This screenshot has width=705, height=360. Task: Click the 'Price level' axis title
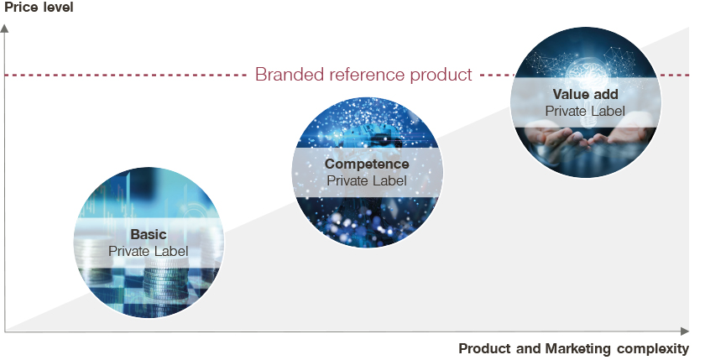[39, 8]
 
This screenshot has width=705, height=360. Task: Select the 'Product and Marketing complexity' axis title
[573, 348]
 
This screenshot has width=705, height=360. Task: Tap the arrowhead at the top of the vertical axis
[4, 29]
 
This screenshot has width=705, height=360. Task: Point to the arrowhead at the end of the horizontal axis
[685, 331]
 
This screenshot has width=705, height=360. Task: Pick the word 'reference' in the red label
[368, 75]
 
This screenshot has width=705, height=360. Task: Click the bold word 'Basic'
[149, 234]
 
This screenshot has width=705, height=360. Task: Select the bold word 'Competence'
[367, 164]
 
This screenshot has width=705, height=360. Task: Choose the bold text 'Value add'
[586, 94]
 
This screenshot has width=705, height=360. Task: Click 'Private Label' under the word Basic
[149, 251]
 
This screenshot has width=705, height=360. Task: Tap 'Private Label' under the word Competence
[367, 180]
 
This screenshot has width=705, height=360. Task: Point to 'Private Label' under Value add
[586, 111]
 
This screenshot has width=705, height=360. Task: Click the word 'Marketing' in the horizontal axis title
[578, 348]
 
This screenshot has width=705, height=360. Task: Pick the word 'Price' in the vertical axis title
[21, 8]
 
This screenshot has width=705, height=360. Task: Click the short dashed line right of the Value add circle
[676, 75]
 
